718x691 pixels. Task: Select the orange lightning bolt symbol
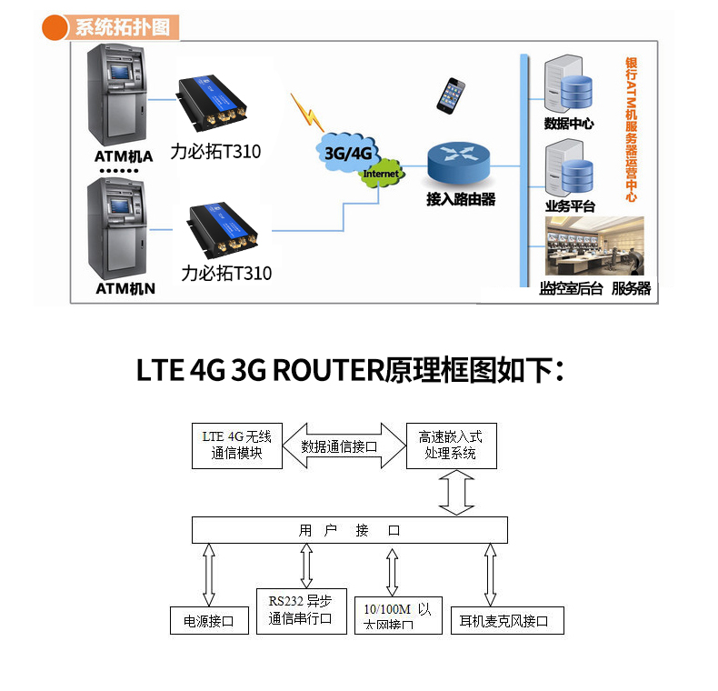(308, 111)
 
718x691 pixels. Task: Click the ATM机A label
(124, 155)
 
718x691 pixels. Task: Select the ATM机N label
(125, 289)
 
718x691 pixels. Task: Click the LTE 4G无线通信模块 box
(236, 445)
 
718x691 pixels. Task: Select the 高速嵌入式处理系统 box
(451, 445)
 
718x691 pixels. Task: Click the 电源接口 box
(209, 621)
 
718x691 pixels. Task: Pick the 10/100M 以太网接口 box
(397, 616)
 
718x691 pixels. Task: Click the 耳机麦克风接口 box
(507, 621)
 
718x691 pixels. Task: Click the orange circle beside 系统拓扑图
(56, 26)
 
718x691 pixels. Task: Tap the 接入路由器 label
(461, 199)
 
